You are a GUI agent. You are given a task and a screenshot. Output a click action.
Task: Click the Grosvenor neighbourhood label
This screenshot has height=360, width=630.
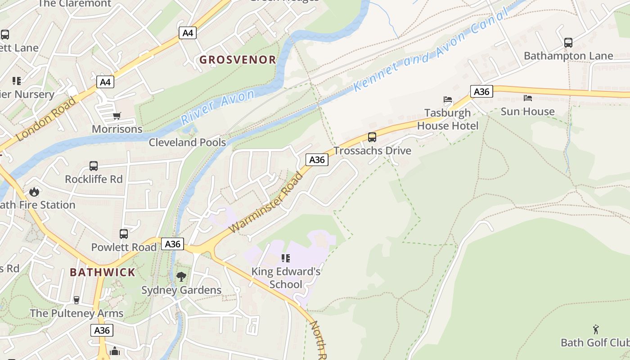pos(238,59)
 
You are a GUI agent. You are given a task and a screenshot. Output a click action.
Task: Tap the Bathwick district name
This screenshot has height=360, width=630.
pos(103,272)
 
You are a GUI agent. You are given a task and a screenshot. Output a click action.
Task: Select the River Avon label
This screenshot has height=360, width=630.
pos(218,107)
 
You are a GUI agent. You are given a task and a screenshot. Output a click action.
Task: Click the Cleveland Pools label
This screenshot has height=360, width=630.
pos(187,143)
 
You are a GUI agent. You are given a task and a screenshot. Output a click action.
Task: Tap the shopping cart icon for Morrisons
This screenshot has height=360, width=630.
pos(117,116)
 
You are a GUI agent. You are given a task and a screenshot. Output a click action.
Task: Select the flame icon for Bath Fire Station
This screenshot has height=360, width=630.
pos(34,192)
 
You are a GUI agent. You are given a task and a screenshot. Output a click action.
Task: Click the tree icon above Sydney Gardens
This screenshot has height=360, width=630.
pos(181,277)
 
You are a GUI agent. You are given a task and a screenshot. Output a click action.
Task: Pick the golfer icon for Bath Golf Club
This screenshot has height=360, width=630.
pos(596,329)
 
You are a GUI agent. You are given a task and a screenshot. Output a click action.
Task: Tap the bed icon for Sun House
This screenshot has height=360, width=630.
pos(528,98)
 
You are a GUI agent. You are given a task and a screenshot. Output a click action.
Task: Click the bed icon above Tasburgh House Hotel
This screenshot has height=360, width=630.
pos(448,99)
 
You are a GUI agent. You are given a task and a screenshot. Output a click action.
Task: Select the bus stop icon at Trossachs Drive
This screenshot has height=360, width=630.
pos(372,137)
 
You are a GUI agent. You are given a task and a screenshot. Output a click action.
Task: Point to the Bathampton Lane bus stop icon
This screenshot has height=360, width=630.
pos(568,43)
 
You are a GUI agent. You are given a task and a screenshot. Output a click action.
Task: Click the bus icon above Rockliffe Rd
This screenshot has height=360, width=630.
pos(94,166)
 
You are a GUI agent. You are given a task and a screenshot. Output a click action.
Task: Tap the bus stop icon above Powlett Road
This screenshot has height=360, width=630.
pos(124,234)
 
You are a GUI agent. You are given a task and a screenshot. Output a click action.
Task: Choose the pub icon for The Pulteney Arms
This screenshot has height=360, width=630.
pos(76,300)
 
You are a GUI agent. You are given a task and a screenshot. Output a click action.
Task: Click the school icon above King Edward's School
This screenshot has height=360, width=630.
pos(286,258)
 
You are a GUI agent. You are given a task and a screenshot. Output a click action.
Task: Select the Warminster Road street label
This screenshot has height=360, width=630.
pos(266,203)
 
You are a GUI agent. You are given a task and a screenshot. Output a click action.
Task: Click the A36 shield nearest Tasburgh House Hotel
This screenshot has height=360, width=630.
pos(481,92)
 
